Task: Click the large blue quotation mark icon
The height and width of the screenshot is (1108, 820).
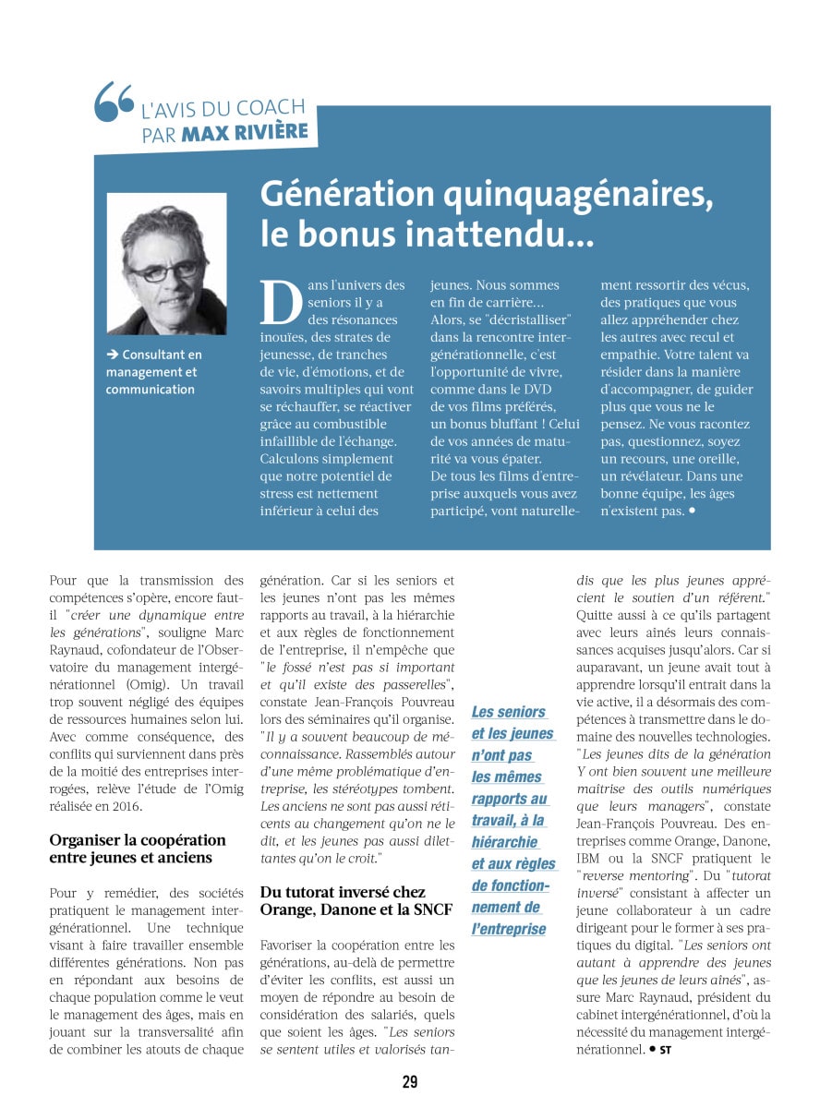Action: point(115,102)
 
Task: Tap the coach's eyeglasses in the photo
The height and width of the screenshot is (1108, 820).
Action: point(165,271)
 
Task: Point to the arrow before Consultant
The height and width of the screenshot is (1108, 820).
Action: point(112,355)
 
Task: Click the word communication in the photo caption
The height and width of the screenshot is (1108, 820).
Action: point(150,389)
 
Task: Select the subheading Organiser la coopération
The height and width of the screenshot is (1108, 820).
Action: point(138,839)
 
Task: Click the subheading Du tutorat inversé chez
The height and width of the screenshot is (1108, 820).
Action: point(343,892)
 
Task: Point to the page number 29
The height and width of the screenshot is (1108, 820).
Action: point(410,1082)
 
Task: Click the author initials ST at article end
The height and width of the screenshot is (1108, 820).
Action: point(665,1050)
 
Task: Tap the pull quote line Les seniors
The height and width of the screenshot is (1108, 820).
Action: point(508,712)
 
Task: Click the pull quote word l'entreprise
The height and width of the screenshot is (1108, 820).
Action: point(509,929)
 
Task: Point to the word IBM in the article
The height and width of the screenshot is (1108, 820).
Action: point(588,858)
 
